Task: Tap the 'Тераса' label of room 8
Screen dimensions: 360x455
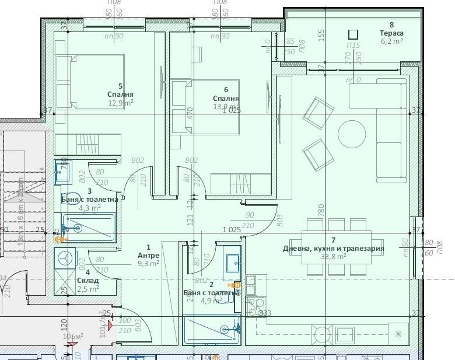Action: pyautogui.click(x=392, y=33)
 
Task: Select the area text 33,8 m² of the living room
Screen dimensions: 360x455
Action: pyautogui.click(x=333, y=256)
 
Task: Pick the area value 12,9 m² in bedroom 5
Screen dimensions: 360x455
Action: pyautogui.click(x=120, y=102)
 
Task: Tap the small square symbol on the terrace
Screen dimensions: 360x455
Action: pyautogui.click(x=352, y=34)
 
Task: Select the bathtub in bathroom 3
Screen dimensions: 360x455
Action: pyautogui.click(x=90, y=228)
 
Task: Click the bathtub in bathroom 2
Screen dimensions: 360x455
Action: pyautogui.click(x=210, y=330)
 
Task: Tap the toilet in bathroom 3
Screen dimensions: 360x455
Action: pyautogui.click(x=73, y=199)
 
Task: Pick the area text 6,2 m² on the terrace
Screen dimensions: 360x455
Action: pyautogui.click(x=392, y=41)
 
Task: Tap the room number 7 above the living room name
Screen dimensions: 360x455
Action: pyautogui.click(x=333, y=240)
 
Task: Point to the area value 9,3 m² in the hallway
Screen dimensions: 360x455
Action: pyautogui.click(x=148, y=263)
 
